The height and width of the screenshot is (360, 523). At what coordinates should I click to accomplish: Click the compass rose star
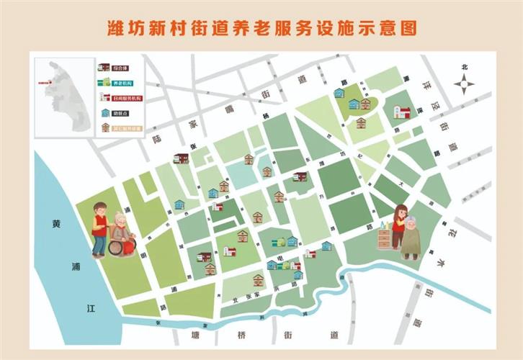click(x=465, y=84)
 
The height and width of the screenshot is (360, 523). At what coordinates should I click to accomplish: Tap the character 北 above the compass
click(x=465, y=67)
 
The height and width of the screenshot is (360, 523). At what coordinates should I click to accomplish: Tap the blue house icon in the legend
click(x=105, y=113)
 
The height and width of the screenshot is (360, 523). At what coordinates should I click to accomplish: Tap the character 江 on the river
click(x=91, y=308)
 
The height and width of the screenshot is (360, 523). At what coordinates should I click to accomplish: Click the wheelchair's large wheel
click(x=116, y=247)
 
